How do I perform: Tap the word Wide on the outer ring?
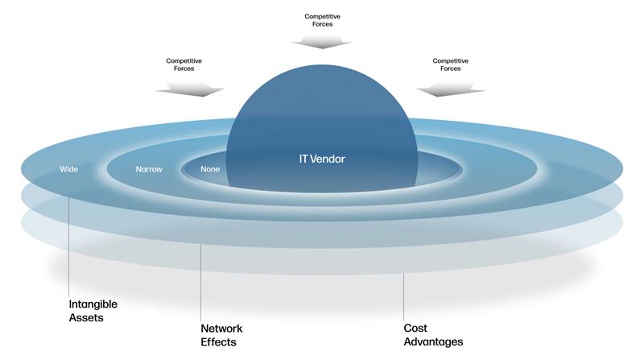click(68, 169)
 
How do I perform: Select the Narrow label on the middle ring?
click(149, 169)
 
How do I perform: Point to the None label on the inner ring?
click(210, 169)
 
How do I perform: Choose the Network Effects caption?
click(221, 335)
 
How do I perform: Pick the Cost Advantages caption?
click(433, 335)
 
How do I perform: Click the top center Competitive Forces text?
click(322, 20)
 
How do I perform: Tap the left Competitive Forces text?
click(184, 64)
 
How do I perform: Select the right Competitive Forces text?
click(450, 64)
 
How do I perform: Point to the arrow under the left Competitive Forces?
click(191, 88)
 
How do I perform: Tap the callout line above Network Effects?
click(200, 282)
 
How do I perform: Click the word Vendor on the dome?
click(334, 159)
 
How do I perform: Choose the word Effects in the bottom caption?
click(218, 341)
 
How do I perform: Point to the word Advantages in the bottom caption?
click(433, 341)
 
